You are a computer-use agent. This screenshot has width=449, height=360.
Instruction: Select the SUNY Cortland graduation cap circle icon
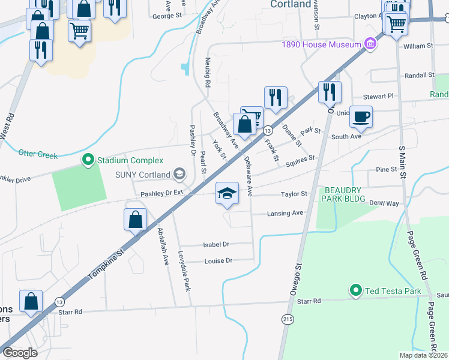tap(179, 175)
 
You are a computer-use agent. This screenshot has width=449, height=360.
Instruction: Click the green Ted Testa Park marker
tap(356, 292)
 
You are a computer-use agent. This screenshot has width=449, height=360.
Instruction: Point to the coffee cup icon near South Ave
tap(361, 117)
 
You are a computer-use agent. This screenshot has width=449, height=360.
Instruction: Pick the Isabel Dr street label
tap(217, 244)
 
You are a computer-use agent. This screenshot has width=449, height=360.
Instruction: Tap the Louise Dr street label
tap(218, 261)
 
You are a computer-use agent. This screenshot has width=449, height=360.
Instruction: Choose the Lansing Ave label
tap(285, 213)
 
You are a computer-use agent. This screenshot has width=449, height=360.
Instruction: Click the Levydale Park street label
tap(184, 271)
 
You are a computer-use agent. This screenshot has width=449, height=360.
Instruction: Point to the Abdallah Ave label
tap(162, 247)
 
